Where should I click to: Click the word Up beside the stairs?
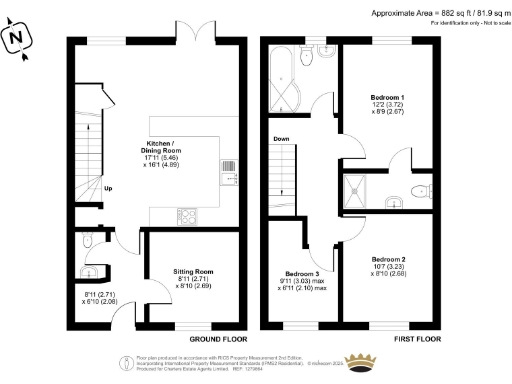tap(107, 187)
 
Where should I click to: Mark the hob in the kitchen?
tap(186, 215)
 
